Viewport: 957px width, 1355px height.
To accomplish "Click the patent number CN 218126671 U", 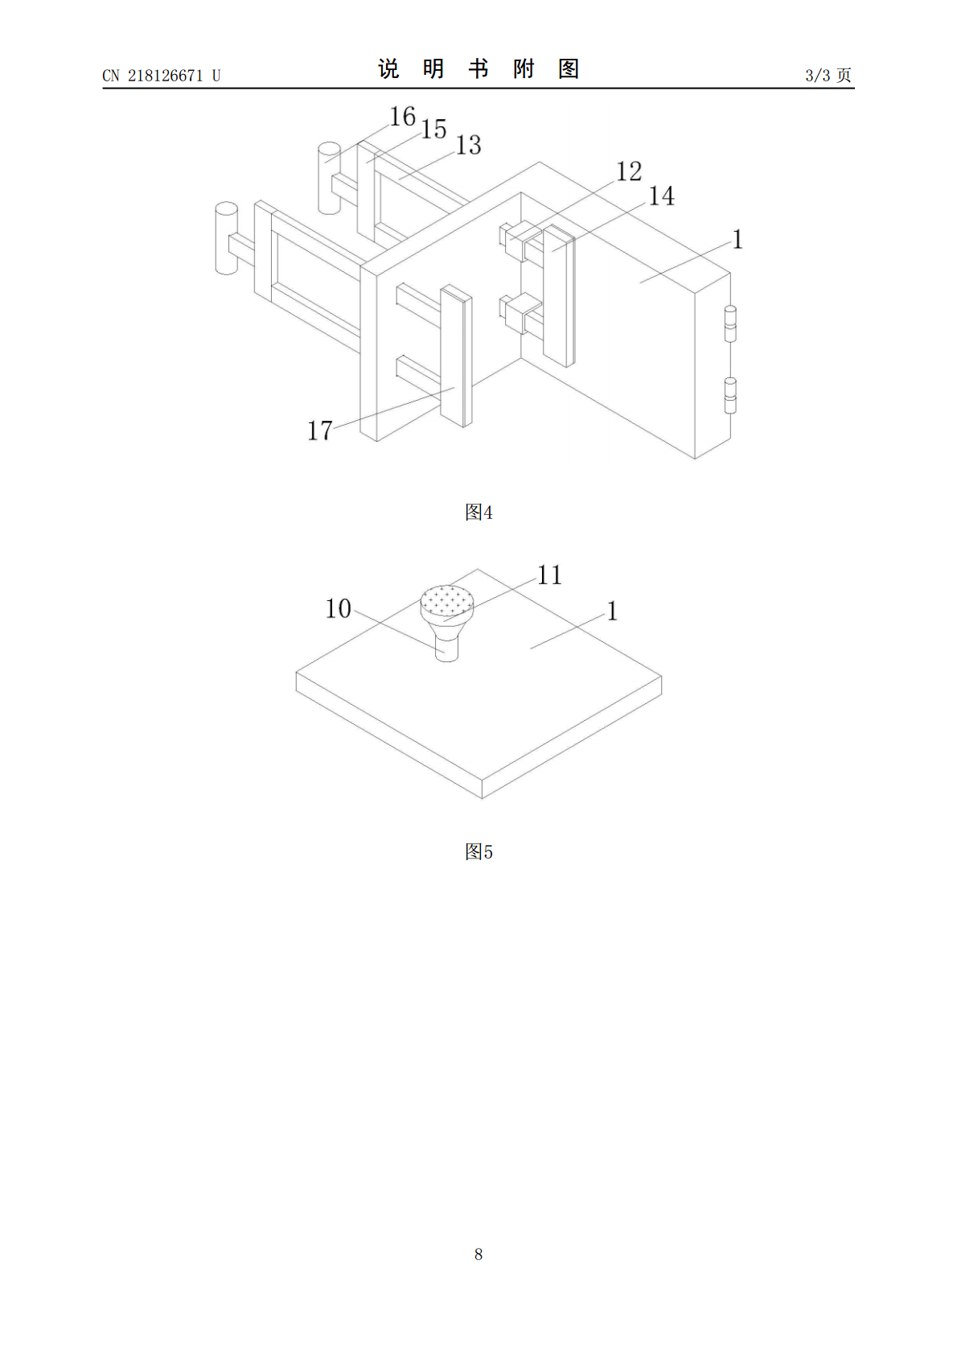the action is (x=162, y=76).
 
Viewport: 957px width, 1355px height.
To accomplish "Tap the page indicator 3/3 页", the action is (x=828, y=75).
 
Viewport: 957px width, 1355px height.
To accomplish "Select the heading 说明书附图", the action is (x=478, y=69).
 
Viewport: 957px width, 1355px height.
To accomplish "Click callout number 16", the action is (x=403, y=117).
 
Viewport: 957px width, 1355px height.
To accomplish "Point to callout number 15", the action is (x=433, y=130).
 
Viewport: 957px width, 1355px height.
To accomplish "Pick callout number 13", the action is (x=468, y=145).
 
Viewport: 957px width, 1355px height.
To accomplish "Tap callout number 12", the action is (x=629, y=172).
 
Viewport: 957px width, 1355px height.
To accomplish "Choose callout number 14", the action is (x=661, y=196).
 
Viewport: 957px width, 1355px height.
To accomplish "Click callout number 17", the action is (x=320, y=430).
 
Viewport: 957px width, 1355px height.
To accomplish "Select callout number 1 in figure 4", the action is (x=737, y=240).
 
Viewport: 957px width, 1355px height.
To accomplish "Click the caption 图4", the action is (x=478, y=513).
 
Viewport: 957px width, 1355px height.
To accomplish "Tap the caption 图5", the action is (x=478, y=852).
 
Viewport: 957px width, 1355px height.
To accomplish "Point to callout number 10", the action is (x=338, y=608).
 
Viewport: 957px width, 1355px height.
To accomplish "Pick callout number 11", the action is (x=549, y=575).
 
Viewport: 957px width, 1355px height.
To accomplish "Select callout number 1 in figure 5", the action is (x=613, y=611).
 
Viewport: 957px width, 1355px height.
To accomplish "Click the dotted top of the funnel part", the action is (x=447, y=601).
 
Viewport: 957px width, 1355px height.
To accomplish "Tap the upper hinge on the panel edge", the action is (x=730, y=325).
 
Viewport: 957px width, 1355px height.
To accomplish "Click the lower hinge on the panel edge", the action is (x=730, y=396).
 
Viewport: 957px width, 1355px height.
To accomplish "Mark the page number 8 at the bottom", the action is (x=478, y=1254).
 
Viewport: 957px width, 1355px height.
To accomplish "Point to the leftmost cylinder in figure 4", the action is (x=227, y=238).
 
